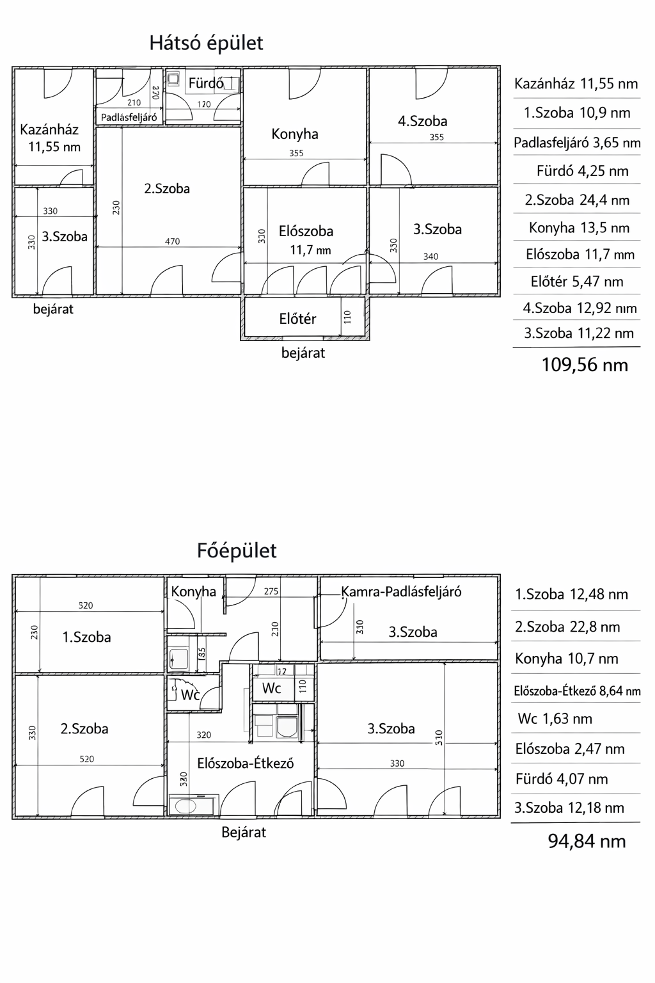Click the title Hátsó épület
click(206, 44)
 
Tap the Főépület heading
click(237, 551)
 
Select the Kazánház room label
click(49, 130)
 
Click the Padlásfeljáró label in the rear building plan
click(129, 117)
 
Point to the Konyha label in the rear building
click(295, 134)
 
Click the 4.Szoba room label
click(422, 121)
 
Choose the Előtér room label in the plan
click(297, 319)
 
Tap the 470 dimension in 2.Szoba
click(172, 242)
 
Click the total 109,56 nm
click(585, 365)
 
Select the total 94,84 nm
click(587, 841)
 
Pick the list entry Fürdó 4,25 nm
click(582, 172)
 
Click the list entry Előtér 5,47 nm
click(577, 282)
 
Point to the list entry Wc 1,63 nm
click(555, 719)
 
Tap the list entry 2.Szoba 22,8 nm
click(567, 627)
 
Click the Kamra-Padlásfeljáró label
click(401, 592)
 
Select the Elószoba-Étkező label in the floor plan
click(245, 763)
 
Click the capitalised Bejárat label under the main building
click(244, 833)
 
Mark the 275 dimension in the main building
click(271, 592)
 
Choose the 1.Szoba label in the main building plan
click(86, 637)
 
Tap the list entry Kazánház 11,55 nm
click(576, 84)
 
